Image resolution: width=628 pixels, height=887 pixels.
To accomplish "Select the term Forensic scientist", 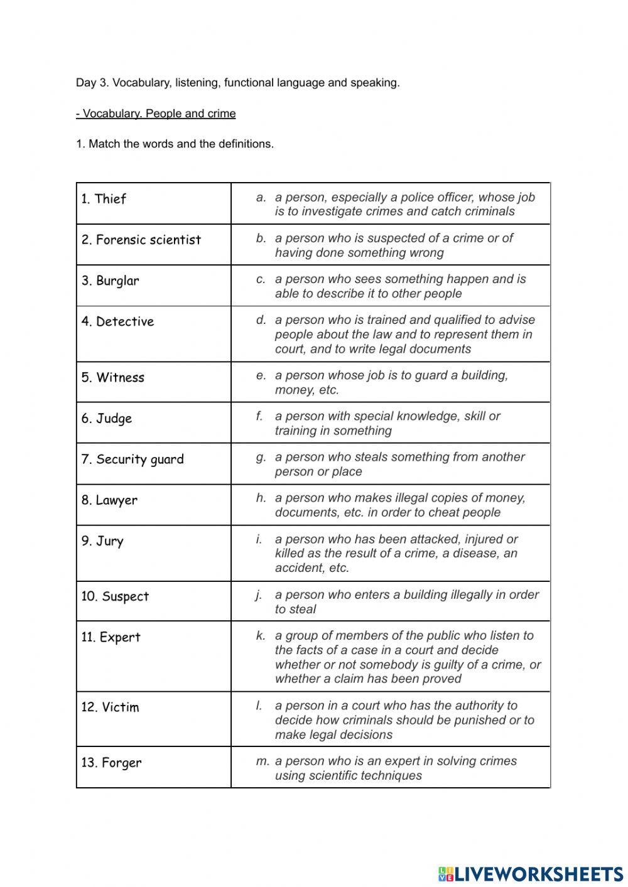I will (148, 240).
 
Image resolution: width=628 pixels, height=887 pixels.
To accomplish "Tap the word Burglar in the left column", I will (117, 281).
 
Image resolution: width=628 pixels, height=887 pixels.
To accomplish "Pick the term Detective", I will (124, 321).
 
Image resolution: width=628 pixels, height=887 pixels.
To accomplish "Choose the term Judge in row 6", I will (114, 419).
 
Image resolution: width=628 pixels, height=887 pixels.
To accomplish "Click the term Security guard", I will (139, 460).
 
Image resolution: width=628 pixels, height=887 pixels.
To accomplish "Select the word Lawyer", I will (116, 500).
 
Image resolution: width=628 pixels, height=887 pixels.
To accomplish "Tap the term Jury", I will (109, 541).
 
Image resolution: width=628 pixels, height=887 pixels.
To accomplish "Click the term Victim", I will (120, 707).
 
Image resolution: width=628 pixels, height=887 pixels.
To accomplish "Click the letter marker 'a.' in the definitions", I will (261, 197).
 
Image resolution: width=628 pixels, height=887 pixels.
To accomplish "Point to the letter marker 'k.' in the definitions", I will (261, 635).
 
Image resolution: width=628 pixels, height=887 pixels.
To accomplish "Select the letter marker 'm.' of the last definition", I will (263, 761).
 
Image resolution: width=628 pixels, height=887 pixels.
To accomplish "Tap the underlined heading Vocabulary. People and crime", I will (156, 114).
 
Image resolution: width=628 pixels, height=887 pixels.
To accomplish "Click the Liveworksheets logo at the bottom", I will (530, 873).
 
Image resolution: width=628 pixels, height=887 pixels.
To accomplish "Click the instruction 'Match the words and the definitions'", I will (181, 144).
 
